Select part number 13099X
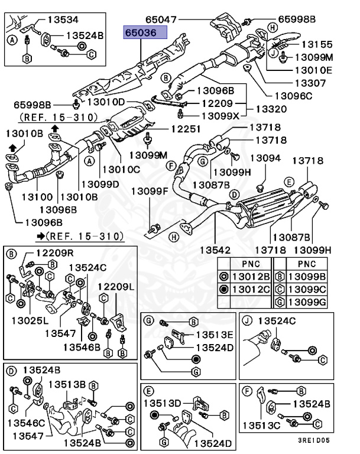(x=218, y=116)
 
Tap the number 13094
(x=265, y=158)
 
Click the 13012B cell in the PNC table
(x=250, y=275)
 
